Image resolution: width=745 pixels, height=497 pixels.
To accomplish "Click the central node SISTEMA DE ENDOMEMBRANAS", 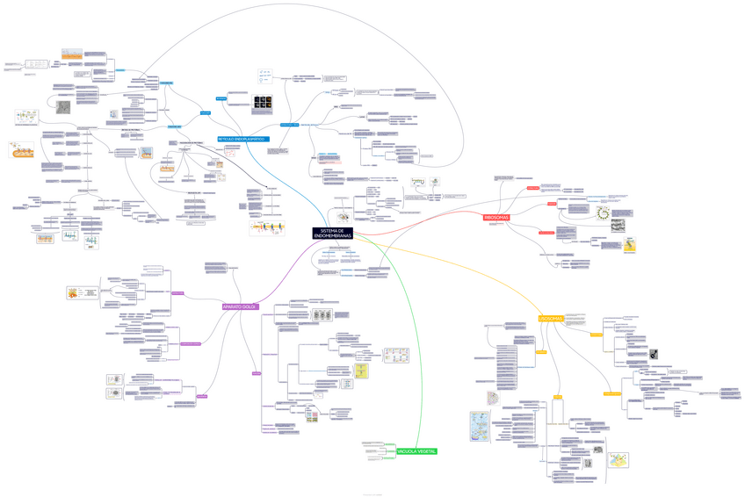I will tap(332, 234).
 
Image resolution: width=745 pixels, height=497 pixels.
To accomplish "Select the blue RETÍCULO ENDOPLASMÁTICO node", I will tap(243, 140).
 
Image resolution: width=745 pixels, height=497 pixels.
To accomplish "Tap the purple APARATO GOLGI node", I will tap(239, 306).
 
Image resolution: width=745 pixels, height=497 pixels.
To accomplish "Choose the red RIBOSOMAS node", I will tap(496, 217).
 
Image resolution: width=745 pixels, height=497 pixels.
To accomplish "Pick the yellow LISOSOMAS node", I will tap(550, 319).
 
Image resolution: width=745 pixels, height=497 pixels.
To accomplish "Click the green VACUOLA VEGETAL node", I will tap(416, 451).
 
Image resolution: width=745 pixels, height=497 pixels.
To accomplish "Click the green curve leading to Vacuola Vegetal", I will tap(413, 351).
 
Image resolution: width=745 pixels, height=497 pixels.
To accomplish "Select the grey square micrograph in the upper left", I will tap(63, 107).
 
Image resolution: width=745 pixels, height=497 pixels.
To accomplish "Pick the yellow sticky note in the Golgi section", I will tap(361, 372).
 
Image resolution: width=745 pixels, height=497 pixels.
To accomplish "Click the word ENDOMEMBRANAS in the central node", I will tap(332, 238).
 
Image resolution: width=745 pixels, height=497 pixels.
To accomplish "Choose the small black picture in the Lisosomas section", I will tap(653, 355).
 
